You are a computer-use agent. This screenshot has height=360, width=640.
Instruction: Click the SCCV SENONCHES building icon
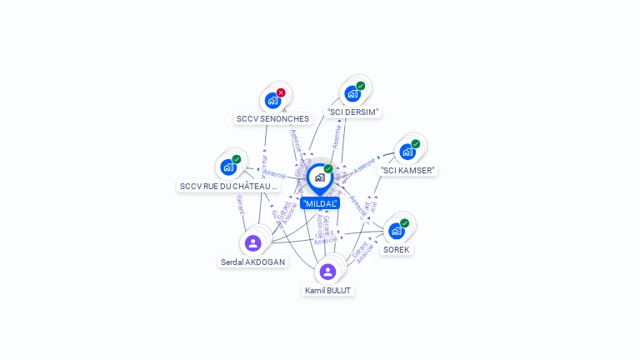(272, 101)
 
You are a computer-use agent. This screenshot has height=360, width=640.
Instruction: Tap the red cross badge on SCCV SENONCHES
(281, 92)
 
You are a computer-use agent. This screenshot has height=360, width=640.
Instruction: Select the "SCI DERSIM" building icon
(352, 93)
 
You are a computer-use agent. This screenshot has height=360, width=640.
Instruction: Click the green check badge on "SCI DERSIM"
(361, 86)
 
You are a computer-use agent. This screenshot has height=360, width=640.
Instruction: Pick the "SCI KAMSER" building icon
(407, 152)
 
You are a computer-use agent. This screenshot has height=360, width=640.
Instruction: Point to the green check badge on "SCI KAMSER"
(416, 144)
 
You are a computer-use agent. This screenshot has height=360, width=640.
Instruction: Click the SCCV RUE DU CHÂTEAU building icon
(227, 167)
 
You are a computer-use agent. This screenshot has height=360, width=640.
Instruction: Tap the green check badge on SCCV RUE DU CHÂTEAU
(237, 159)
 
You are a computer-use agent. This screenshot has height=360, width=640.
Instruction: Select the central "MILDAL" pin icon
(319, 177)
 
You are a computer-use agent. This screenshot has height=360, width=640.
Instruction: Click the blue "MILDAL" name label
(320, 203)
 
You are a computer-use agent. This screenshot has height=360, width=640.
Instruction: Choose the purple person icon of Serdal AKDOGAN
(252, 243)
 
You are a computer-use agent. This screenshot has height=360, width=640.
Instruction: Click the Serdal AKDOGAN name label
(252, 262)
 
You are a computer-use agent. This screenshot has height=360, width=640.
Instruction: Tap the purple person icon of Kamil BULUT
(327, 272)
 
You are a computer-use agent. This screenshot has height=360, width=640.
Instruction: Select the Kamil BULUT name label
(328, 291)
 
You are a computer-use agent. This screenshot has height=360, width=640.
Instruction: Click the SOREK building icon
(396, 231)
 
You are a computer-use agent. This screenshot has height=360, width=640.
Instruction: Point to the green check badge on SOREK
(405, 223)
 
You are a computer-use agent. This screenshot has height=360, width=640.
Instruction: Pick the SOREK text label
(397, 249)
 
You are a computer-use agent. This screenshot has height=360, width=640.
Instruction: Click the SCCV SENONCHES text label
(272, 119)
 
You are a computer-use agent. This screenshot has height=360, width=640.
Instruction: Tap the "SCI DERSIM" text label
(353, 112)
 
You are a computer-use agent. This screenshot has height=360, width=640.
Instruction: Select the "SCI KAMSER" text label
(408, 170)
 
